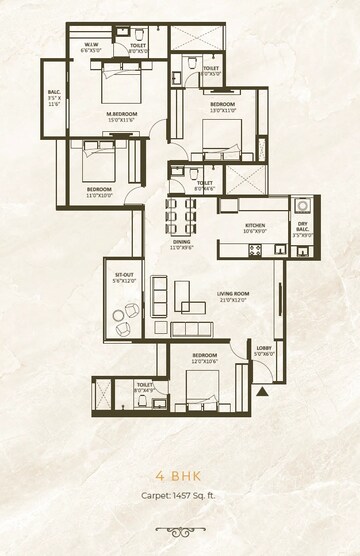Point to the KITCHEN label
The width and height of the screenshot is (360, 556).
(255, 227)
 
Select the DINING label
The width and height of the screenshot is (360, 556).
(181, 241)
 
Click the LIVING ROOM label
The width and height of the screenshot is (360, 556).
(233, 293)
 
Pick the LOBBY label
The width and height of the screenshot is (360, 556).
(262, 348)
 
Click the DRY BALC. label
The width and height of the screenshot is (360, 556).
(302, 226)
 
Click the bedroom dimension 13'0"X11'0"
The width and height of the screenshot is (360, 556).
(222, 110)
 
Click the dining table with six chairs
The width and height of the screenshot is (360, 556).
(184, 213)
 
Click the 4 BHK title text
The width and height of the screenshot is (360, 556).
(180, 477)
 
